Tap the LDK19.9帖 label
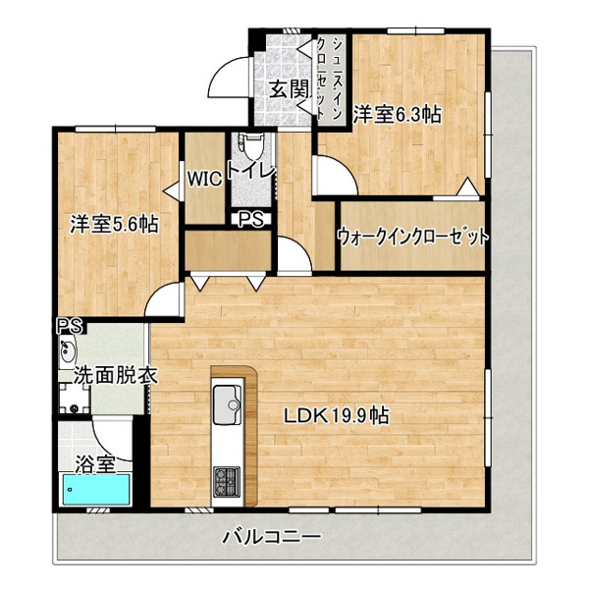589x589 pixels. coord(336,416)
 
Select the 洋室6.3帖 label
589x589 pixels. coord(397,114)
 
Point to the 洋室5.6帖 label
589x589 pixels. coord(114,224)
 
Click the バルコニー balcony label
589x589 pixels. coord(272,537)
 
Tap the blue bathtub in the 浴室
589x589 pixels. coord(96,489)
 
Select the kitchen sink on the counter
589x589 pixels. coord(228,404)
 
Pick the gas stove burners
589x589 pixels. coord(227,482)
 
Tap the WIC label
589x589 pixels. coord(204,180)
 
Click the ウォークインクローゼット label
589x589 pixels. coord(413,237)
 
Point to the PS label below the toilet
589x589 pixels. coord(251,220)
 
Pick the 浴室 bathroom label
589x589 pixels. coord(95,465)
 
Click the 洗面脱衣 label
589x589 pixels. coord(115,375)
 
